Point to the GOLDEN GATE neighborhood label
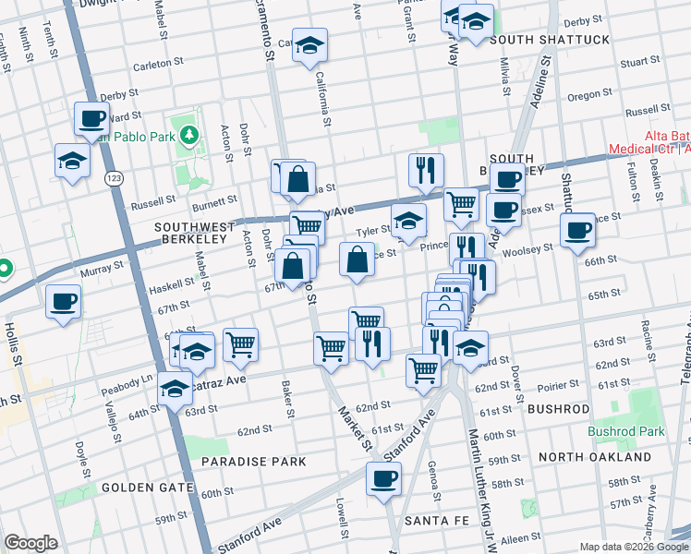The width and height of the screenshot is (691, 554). [x=148, y=487]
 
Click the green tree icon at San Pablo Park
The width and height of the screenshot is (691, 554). [x=189, y=136]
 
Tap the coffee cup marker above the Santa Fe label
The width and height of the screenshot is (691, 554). [x=383, y=478]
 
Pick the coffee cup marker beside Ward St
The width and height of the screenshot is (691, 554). [x=91, y=117]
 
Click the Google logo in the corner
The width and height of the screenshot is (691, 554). [x=30, y=543]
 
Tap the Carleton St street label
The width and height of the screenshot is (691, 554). [x=152, y=65]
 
